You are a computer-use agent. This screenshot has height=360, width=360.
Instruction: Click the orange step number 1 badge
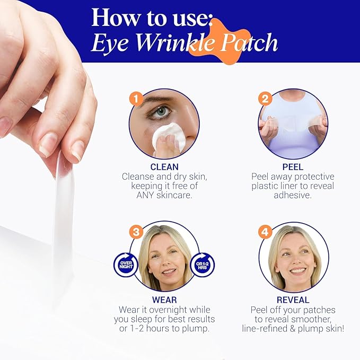click(136, 99)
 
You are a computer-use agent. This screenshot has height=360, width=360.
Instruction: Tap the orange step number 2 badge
click(265, 99)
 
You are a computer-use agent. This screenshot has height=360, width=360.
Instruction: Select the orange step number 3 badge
click(136, 232)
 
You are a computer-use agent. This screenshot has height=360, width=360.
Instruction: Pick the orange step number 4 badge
click(265, 232)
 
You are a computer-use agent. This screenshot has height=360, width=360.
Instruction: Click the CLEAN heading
click(164, 167)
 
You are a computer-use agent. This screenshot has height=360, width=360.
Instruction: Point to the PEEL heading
click(293, 167)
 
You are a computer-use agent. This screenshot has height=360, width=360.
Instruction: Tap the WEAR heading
click(164, 300)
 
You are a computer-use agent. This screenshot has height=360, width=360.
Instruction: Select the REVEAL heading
click(293, 300)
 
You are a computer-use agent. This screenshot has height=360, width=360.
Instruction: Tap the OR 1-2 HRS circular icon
click(202, 263)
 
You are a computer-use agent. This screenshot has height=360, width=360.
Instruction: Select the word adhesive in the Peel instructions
click(293, 195)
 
